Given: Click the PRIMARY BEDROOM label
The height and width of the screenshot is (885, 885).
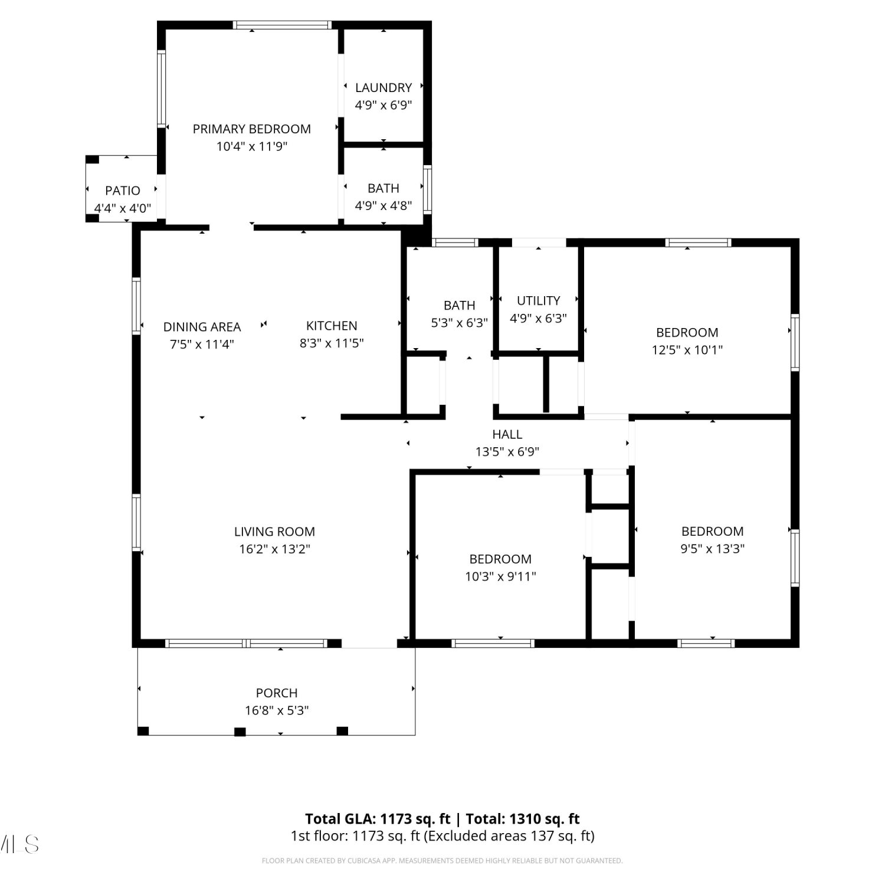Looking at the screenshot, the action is (x=252, y=129).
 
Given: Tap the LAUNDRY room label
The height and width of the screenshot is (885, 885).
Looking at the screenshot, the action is (x=383, y=87).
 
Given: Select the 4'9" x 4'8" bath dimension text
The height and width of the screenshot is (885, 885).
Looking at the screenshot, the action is (x=383, y=205).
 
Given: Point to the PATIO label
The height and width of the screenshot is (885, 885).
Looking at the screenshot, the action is (x=123, y=191).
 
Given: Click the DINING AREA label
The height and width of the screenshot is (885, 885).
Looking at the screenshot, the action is (x=202, y=327).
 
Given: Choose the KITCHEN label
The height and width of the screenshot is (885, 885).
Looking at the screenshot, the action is (x=332, y=326).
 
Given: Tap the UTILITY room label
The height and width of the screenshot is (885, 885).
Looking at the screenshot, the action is (x=539, y=300).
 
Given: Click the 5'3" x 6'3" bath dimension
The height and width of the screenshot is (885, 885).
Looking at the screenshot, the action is (x=460, y=323).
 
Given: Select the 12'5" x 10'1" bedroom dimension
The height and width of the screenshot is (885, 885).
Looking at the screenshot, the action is (x=687, y=350).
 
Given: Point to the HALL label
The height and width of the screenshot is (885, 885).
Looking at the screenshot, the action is (x=507, y=434).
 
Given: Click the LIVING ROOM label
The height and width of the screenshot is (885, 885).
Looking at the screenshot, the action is (x=274, y=532).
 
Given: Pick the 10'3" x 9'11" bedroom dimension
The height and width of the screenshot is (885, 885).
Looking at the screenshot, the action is (x=500, y=576).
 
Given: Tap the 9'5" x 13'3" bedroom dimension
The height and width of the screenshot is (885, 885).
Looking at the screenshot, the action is (x=713, y=549).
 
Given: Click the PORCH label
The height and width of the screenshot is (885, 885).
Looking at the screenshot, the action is (x=277, y=693).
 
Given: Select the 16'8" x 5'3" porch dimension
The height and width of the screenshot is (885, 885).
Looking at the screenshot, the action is (x=277, y=710).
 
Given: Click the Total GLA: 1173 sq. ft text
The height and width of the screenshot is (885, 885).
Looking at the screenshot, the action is (x=378, y=819).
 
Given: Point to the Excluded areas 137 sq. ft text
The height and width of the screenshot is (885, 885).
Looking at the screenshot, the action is (x=509, y=836).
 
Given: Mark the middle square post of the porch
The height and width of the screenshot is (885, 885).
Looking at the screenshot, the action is (x=240, y=732).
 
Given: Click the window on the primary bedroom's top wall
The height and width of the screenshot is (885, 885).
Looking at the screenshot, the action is (x=283, y=25).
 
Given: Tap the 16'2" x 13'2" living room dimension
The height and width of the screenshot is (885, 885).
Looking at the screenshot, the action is (x=274, y=549).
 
